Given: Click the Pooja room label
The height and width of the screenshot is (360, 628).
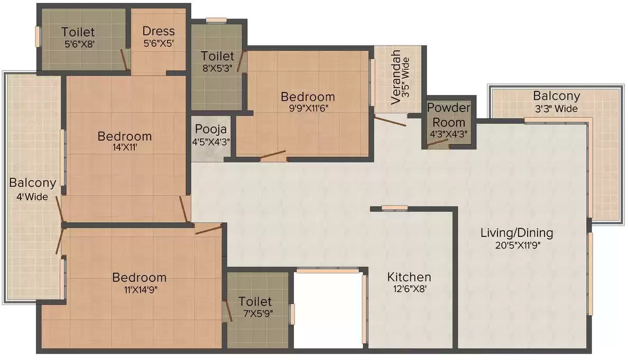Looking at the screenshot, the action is tap(211, 130).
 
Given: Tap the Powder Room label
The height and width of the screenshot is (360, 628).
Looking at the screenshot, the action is tap(449, 115).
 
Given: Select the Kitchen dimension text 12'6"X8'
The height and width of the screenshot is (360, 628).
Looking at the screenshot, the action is tap(409, 288).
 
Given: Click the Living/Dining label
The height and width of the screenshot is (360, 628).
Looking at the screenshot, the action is tap(516, 233).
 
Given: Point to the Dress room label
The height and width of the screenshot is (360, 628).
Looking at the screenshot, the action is tap(159, 31).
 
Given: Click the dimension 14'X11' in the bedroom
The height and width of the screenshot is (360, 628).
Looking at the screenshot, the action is tap(125, 147).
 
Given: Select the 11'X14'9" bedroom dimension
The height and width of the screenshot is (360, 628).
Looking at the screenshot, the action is tap(140, 290).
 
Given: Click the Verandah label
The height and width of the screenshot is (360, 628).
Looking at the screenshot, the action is tap(395, 77).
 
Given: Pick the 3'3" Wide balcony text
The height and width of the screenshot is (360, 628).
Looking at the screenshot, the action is tap(556, 108).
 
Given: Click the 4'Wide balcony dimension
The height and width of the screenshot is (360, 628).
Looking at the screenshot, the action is tap(32, 197).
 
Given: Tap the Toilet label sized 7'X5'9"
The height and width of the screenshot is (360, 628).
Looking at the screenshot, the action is tap(255, 301).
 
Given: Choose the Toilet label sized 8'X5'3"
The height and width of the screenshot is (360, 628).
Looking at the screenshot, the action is tap(217, 56).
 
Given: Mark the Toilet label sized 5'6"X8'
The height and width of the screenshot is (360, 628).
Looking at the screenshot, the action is tap(78, 32).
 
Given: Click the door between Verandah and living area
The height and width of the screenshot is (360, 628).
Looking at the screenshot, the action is tap(390, 121).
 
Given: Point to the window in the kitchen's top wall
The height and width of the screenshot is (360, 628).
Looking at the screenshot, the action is tap(394, 207).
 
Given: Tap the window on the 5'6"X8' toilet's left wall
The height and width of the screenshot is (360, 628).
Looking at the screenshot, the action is tap(38, 37).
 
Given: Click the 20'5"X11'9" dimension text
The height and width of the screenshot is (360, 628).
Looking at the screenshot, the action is tap(518, 245).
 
